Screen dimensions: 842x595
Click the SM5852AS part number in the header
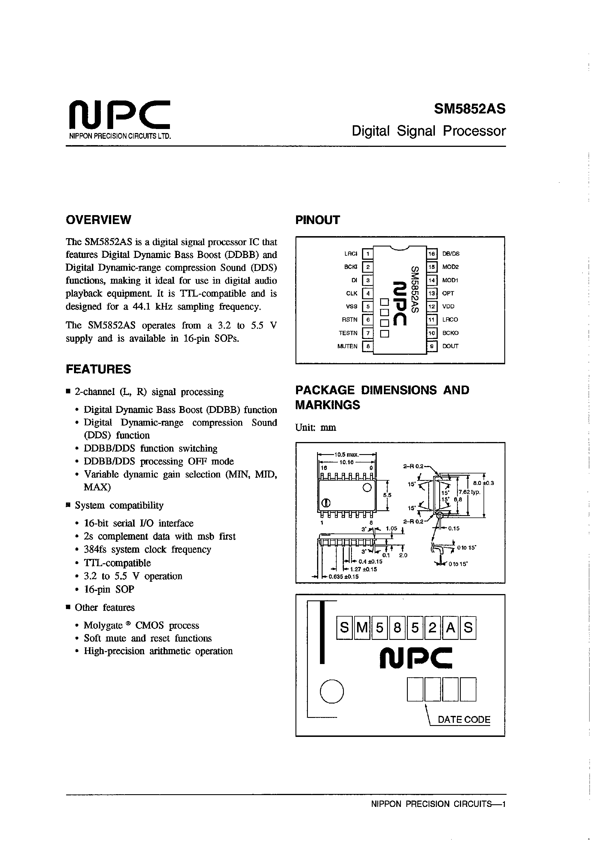click(469, 109)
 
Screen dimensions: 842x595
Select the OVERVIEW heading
click(98, 220)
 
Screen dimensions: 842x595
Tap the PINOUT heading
click(318, 220)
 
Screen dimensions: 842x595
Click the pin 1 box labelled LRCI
click(367, 254)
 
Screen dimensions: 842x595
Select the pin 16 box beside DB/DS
click(432, 254)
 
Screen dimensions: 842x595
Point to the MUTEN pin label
click(347, 346)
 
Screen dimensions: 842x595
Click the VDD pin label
click(448, 307)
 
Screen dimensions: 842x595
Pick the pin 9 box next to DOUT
click(432, 346)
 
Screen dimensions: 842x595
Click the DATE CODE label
click(464, 720)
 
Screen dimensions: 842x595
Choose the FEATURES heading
click(98, 369)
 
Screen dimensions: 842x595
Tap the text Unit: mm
click(315, 428)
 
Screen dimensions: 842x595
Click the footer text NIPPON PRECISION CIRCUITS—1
click(438, 804)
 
